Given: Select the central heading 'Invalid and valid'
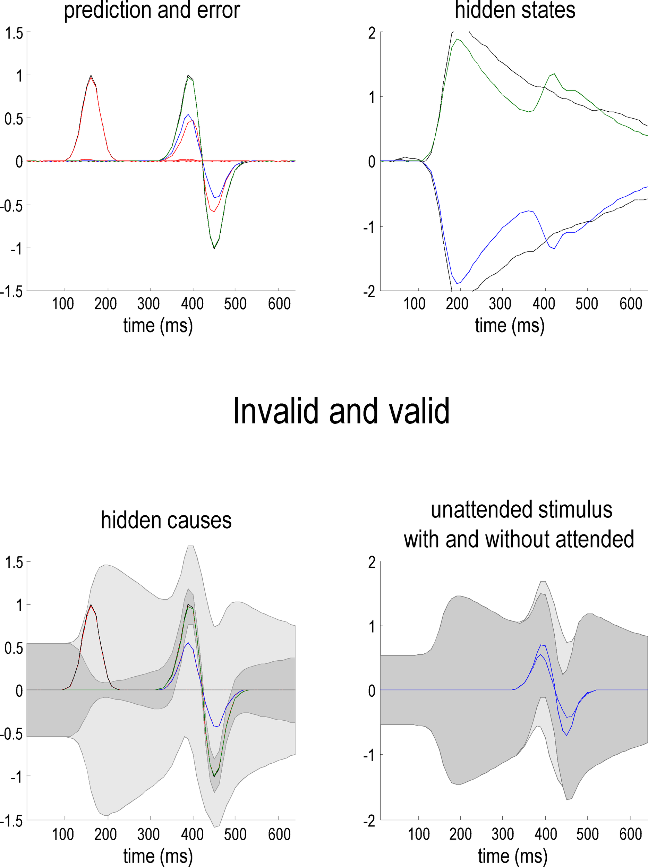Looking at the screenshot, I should pos(341,411).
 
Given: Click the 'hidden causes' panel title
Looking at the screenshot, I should pos(166,521).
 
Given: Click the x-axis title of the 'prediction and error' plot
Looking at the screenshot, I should pos(158,326).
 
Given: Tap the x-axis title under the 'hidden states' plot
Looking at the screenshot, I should pos(510,326).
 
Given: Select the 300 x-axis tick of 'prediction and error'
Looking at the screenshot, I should pos(148,304).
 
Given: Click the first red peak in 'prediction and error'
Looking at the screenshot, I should pos(91,77).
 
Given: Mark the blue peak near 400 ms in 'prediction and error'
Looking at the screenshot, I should pos(189,115).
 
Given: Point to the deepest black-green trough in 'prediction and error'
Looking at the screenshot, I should pos(214,248).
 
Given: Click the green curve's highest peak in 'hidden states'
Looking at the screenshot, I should pos(458,39).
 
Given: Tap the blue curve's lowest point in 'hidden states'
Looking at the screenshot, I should pos(458,283).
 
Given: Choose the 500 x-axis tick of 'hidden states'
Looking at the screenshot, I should pos(587,304).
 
